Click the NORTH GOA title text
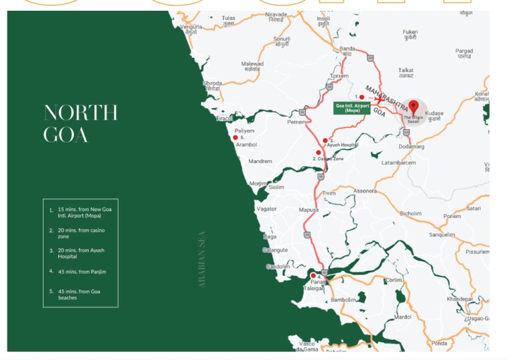point(80,123)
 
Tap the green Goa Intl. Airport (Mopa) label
point(352,107)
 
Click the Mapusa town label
point(308,209)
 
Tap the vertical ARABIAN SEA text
point(201,259)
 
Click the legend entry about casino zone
point(81,233)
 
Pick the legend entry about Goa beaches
point(81,294)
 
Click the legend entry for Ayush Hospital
point(81,253)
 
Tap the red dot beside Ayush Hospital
point(325,141)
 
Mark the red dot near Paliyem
point(235,137)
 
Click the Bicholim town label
point(410,213)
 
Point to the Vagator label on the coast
point(266,209)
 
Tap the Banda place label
point(348,49)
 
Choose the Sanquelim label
point(442,235)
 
